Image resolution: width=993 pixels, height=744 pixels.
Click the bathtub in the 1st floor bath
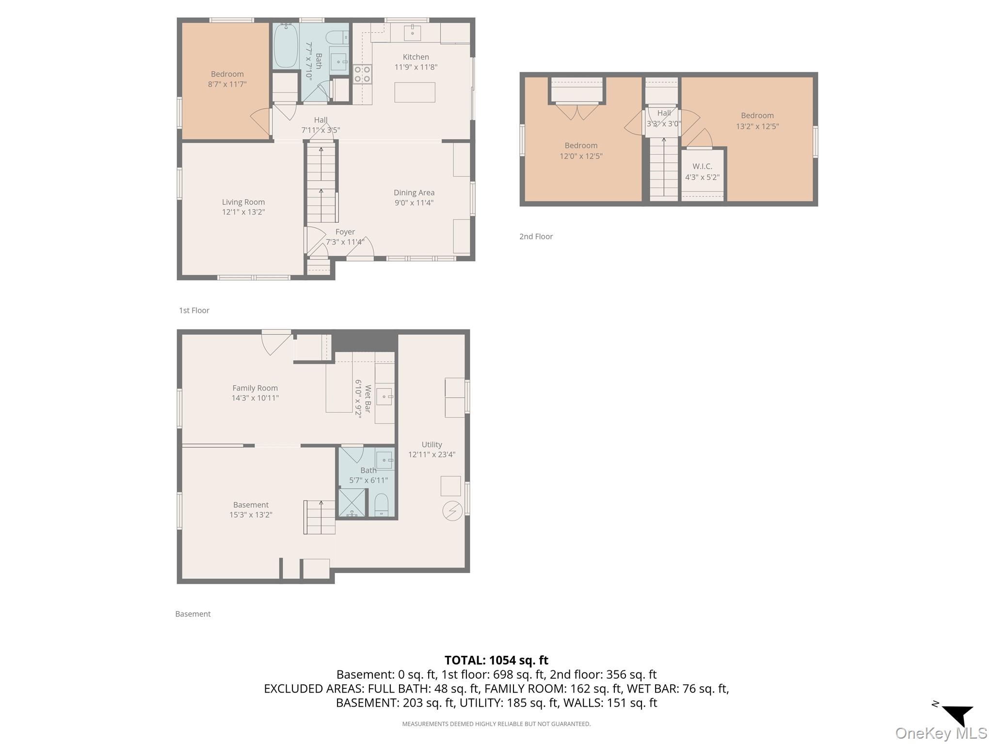286,46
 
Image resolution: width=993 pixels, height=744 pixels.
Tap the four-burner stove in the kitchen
362,74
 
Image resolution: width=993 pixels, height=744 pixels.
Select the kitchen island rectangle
415,92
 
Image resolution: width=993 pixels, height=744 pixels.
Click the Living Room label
243,202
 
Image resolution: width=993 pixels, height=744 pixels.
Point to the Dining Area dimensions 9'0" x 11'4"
414,203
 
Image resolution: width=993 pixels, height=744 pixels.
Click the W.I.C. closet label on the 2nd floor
702,167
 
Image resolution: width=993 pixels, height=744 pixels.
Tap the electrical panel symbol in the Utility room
452,511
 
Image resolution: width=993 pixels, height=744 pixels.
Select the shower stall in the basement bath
352,503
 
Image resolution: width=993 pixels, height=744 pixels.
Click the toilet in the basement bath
382,505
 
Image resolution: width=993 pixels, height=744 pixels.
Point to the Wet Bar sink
384,397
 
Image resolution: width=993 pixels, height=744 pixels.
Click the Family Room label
255,388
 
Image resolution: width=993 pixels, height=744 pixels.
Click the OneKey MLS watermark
941,733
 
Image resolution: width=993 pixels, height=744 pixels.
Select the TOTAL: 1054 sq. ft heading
496,660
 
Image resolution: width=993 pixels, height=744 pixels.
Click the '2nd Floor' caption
536,236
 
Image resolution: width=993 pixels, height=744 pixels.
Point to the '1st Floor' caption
194,310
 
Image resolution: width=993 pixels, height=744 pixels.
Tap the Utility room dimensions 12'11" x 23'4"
432,455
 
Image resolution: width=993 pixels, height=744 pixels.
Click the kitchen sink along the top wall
412,33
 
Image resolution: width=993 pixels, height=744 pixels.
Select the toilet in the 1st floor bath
337,37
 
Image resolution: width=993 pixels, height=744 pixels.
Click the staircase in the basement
320,517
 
